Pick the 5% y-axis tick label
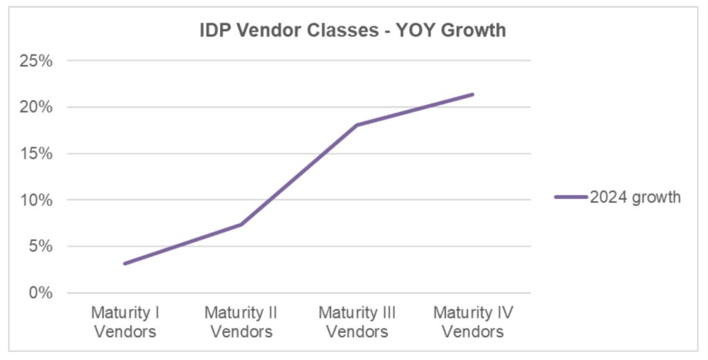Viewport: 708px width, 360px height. (39, 246)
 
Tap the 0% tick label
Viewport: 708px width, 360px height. (39, 292)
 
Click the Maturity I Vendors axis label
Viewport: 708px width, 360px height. (125, 322)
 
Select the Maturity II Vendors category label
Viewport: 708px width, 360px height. (241, 322)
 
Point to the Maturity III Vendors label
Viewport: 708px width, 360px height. (357, 322)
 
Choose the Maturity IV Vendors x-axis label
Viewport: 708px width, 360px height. (473, 322)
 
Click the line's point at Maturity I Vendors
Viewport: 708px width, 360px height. (125, 263)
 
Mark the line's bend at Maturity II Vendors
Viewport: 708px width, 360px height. (241, 224)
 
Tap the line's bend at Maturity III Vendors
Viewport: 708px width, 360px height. (357, 125)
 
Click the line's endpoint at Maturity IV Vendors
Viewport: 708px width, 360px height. (473, 94)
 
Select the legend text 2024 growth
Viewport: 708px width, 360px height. (635, 198)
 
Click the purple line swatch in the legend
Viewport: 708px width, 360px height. (570, 198)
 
